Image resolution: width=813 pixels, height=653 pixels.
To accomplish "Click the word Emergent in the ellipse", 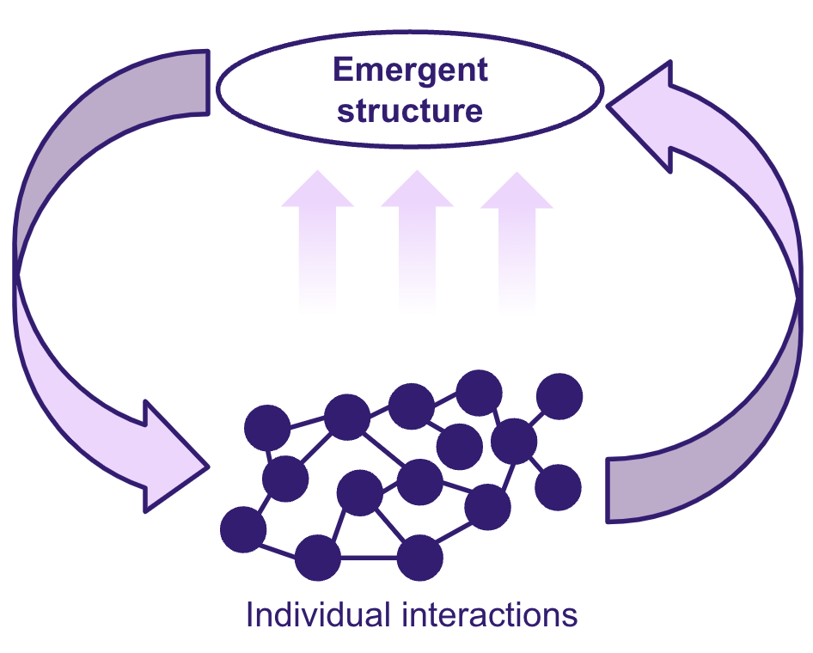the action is [x=410, y=71].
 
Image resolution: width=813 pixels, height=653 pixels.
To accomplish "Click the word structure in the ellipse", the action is [x=410, y=110].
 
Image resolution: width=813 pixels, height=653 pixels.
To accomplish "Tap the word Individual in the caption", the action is [x=318, y=614].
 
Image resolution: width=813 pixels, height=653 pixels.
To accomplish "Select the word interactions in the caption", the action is [x=490, y=614].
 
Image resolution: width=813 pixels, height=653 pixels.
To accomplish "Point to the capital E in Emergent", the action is [x=344, y=70].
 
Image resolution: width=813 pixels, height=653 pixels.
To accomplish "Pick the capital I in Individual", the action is [x=250, y=614].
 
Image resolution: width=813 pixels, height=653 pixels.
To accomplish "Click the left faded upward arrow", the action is [x=317, y=241].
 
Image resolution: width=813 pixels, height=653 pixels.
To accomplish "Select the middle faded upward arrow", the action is [x=417, y=241].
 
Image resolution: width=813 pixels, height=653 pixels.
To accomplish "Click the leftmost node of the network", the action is [x=243, y=529].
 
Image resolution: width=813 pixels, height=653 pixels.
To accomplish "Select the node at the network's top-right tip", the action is [x=559, y=396].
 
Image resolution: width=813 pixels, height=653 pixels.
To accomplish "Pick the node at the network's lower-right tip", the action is [x=558, y=487].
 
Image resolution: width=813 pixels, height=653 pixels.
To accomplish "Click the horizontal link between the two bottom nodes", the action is [x=369, y=558].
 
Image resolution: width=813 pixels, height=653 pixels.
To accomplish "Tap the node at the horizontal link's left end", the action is [x=318, y=558].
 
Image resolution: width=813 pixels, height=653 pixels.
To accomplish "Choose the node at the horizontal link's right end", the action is [x=420, y=558].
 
